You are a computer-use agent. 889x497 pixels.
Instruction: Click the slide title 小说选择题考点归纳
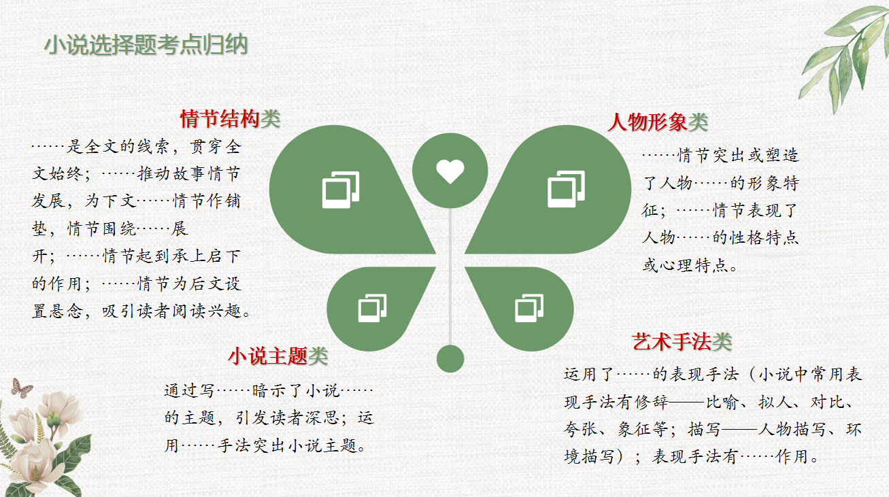point(146,44)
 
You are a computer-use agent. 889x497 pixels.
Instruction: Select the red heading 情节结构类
point(230,119)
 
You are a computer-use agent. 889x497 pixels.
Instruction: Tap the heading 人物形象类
point(658,122)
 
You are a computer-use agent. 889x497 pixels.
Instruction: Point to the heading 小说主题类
point(278,356)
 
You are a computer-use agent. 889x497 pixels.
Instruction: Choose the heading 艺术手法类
point(682,341)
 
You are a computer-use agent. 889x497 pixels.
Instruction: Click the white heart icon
point(450,171)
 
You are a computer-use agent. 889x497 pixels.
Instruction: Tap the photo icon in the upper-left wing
point(341,190)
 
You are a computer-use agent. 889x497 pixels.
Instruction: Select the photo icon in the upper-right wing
point(566,189)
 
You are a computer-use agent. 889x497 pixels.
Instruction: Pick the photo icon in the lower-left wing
point(372,308)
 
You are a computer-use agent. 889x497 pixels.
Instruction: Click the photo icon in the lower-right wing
point(529,308)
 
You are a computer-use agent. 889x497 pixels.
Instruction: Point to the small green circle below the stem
point(450,358)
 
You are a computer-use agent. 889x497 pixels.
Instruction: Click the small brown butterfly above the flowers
point(21,388)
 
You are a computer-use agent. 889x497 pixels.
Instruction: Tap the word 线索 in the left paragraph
point(155,147)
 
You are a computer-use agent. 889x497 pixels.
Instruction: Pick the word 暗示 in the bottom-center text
point(270,391)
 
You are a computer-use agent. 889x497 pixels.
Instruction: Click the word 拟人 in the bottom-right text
point(775,402)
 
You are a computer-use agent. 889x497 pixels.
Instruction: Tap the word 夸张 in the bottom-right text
point(581,429)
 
